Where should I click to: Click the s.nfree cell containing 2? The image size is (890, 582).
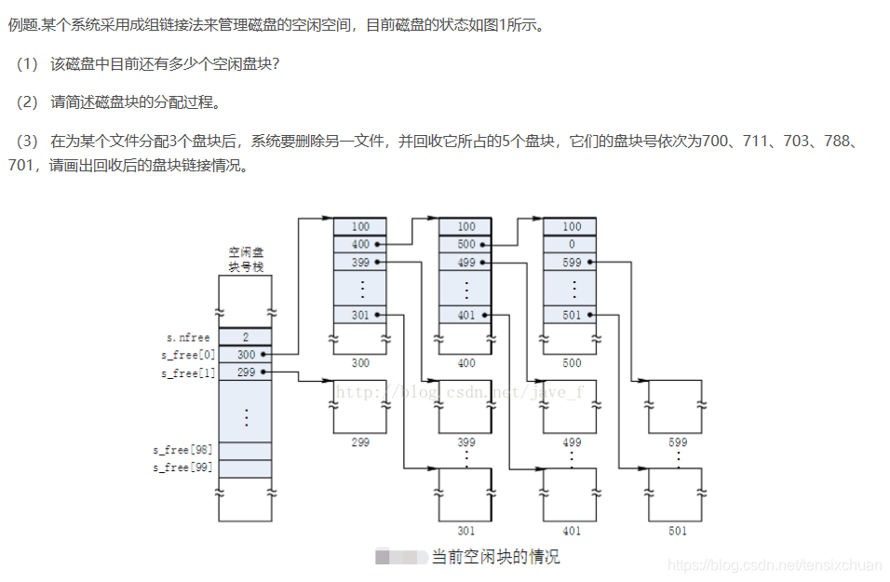[x=246, y=337]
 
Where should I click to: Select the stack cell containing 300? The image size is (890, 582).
[x=246, y=355]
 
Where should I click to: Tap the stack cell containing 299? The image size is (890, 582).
[x=246, y=372]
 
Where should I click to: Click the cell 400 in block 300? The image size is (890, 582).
[x=360, y=244]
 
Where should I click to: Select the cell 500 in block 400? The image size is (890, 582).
[x=465, y=244]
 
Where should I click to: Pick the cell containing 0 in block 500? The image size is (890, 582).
[x=571, y=244]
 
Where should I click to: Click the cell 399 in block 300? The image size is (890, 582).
[x=360, y=263]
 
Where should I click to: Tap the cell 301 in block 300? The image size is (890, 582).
[x=360, y=315]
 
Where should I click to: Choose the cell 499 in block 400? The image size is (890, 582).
[x=465, y=263]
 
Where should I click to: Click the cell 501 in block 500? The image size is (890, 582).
[x=571, y=315]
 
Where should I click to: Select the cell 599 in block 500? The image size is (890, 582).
[x=571, y=263]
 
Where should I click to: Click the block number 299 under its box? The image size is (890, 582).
[x=360, y=442]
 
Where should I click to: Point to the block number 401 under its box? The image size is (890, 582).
[x=572, y=531]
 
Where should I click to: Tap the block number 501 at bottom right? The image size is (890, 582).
[x=677, y=531]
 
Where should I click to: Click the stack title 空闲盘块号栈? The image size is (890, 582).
[x=247, y=259]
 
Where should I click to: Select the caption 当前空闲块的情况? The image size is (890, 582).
[x=495, y=557]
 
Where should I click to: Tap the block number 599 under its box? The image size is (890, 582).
[x=677, y=442]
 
